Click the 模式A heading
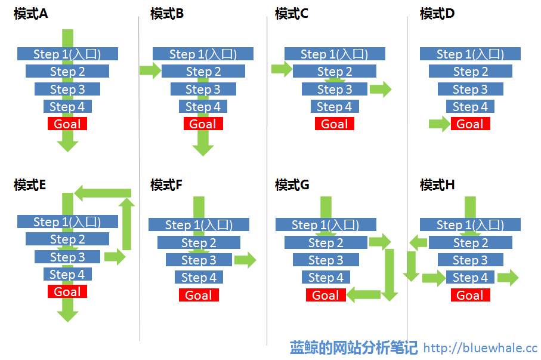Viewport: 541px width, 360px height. pos(30,14)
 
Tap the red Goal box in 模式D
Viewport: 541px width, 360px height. pos(470,124)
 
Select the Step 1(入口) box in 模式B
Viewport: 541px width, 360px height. pos(203,54)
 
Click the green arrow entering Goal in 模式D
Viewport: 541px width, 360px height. pos(440,124)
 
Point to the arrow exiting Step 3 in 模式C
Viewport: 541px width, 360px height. pos(381,89)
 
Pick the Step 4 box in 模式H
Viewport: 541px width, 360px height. pos(470,277)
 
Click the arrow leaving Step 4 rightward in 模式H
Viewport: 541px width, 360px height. pos(508,278)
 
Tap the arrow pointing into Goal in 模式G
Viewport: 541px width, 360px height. pos(363,295)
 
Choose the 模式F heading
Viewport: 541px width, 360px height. pos(166,185)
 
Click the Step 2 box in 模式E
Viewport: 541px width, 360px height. pos(67,239)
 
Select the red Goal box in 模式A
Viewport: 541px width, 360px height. pos(67,124)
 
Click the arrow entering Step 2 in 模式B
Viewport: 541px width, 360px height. pos(150,71)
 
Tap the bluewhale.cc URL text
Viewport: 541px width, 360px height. pos(480,348)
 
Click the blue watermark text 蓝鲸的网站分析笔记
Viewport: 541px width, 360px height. pos(354,347)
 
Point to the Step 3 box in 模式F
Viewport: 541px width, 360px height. pos(199,260)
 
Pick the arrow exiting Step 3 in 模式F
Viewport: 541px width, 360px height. pos(245,260)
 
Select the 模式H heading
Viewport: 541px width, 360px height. pos(437,185)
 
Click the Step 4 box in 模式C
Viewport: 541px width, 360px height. pos(335,106)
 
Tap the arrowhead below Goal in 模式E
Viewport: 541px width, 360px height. pos(67,316)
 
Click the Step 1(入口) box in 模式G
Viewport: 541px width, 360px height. pos(326,224)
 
